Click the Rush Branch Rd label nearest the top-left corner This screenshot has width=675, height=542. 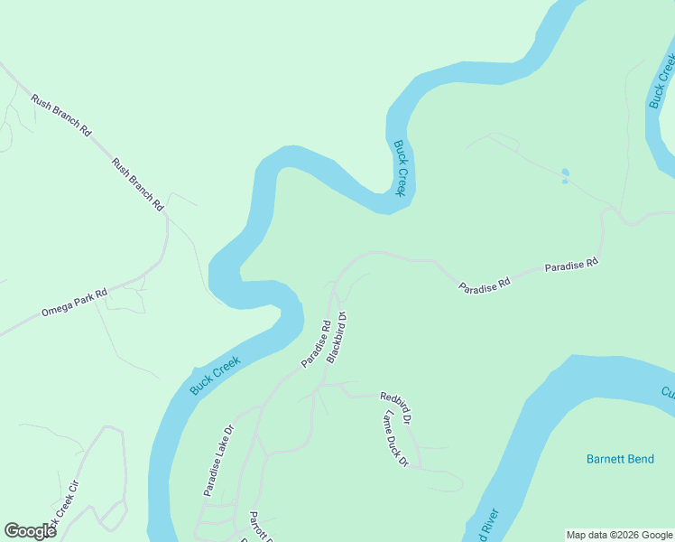[61, 116]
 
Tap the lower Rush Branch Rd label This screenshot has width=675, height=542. [137, 184]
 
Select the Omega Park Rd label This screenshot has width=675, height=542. [74, 303]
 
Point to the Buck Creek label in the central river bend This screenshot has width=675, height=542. [401, 168]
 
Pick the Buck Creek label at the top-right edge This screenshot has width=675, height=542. [661, 81]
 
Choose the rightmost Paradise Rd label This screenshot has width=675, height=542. [571, 265]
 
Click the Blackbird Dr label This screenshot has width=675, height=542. [337, 337]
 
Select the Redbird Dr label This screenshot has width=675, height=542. [395, 408]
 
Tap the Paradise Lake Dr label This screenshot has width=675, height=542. [218, 461]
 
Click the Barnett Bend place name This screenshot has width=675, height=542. [620, 459]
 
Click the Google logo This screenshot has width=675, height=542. [30, 531]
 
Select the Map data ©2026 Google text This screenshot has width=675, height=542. [619, 535]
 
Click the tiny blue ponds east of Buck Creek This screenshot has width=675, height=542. [565, 175]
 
